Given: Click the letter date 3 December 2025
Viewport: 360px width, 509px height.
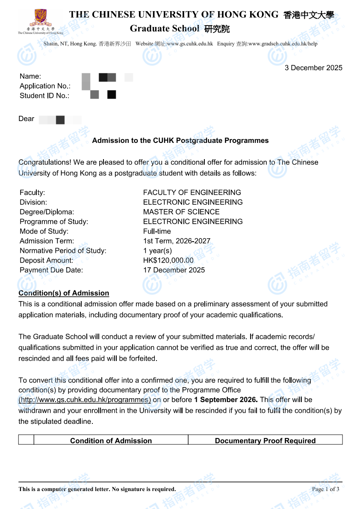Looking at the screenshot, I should (313, 68).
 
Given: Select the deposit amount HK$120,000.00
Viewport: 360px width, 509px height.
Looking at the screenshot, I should (168, 260).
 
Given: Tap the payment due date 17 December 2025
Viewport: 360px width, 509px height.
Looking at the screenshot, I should (174, 270).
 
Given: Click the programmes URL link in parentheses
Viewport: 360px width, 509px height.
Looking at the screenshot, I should (85, 400).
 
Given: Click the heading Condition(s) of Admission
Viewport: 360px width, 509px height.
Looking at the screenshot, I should (64, 293).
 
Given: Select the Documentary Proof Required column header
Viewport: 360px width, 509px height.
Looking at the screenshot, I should (265, 441).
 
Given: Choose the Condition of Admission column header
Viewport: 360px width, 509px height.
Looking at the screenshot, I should (111, 441).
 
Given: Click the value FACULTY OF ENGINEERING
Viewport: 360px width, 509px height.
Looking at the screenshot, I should (192, 192).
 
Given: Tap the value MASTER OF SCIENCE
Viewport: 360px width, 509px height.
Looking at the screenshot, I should (181, 212).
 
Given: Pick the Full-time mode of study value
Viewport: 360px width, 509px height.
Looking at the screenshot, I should (157, 231).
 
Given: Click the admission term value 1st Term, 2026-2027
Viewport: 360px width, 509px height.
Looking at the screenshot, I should (177, 241).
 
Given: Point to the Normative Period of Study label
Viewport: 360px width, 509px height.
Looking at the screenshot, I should (63, 251).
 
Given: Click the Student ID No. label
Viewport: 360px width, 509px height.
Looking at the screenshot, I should (44, 95).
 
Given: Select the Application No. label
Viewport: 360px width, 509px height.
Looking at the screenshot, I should (45, 86).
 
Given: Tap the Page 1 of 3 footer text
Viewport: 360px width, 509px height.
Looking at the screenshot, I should (325, 489).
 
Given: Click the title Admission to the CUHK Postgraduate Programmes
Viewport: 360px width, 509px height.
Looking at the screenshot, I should (180, 140).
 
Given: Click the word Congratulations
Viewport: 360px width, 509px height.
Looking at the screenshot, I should (45, 162).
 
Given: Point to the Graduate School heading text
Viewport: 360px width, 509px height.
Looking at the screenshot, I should (165, 29).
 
